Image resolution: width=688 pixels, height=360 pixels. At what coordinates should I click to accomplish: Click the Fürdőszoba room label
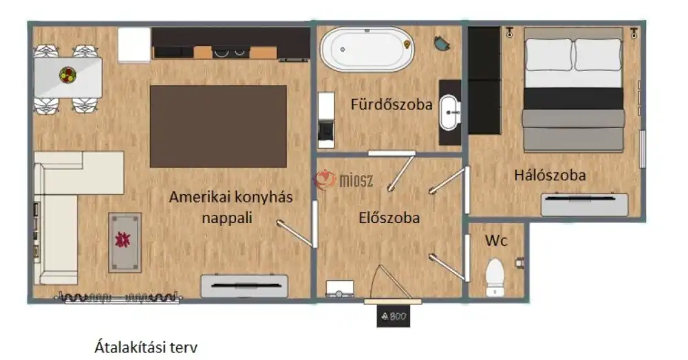coord(391,105)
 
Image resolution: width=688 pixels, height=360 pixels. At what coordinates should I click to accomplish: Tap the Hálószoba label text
coord(550,175)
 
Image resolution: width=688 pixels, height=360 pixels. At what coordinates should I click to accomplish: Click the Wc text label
coord(496,241)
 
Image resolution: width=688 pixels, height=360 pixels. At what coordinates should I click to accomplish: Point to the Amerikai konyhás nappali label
coord(231,207)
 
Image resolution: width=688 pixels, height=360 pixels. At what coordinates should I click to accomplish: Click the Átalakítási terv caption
coord(150,347)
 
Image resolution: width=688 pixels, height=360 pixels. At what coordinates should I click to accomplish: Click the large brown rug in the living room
coord(218,126)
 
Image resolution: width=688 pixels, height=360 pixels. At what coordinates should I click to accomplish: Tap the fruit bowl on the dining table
coord(67,74)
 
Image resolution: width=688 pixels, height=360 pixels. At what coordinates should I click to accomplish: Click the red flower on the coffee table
coord(125,240)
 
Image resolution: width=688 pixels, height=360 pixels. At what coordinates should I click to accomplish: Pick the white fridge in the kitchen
coord(134,45)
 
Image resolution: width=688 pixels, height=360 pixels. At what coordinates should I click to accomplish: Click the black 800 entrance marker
coord(393,317)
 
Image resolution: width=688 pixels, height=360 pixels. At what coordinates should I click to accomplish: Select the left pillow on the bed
coord(548,54)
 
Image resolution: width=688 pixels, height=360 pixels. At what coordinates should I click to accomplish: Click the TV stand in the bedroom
coord(584,204)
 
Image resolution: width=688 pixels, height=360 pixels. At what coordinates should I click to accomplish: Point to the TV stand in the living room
coord(244,286)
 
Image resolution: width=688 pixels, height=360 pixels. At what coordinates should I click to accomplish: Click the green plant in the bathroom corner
coord(440,43)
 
